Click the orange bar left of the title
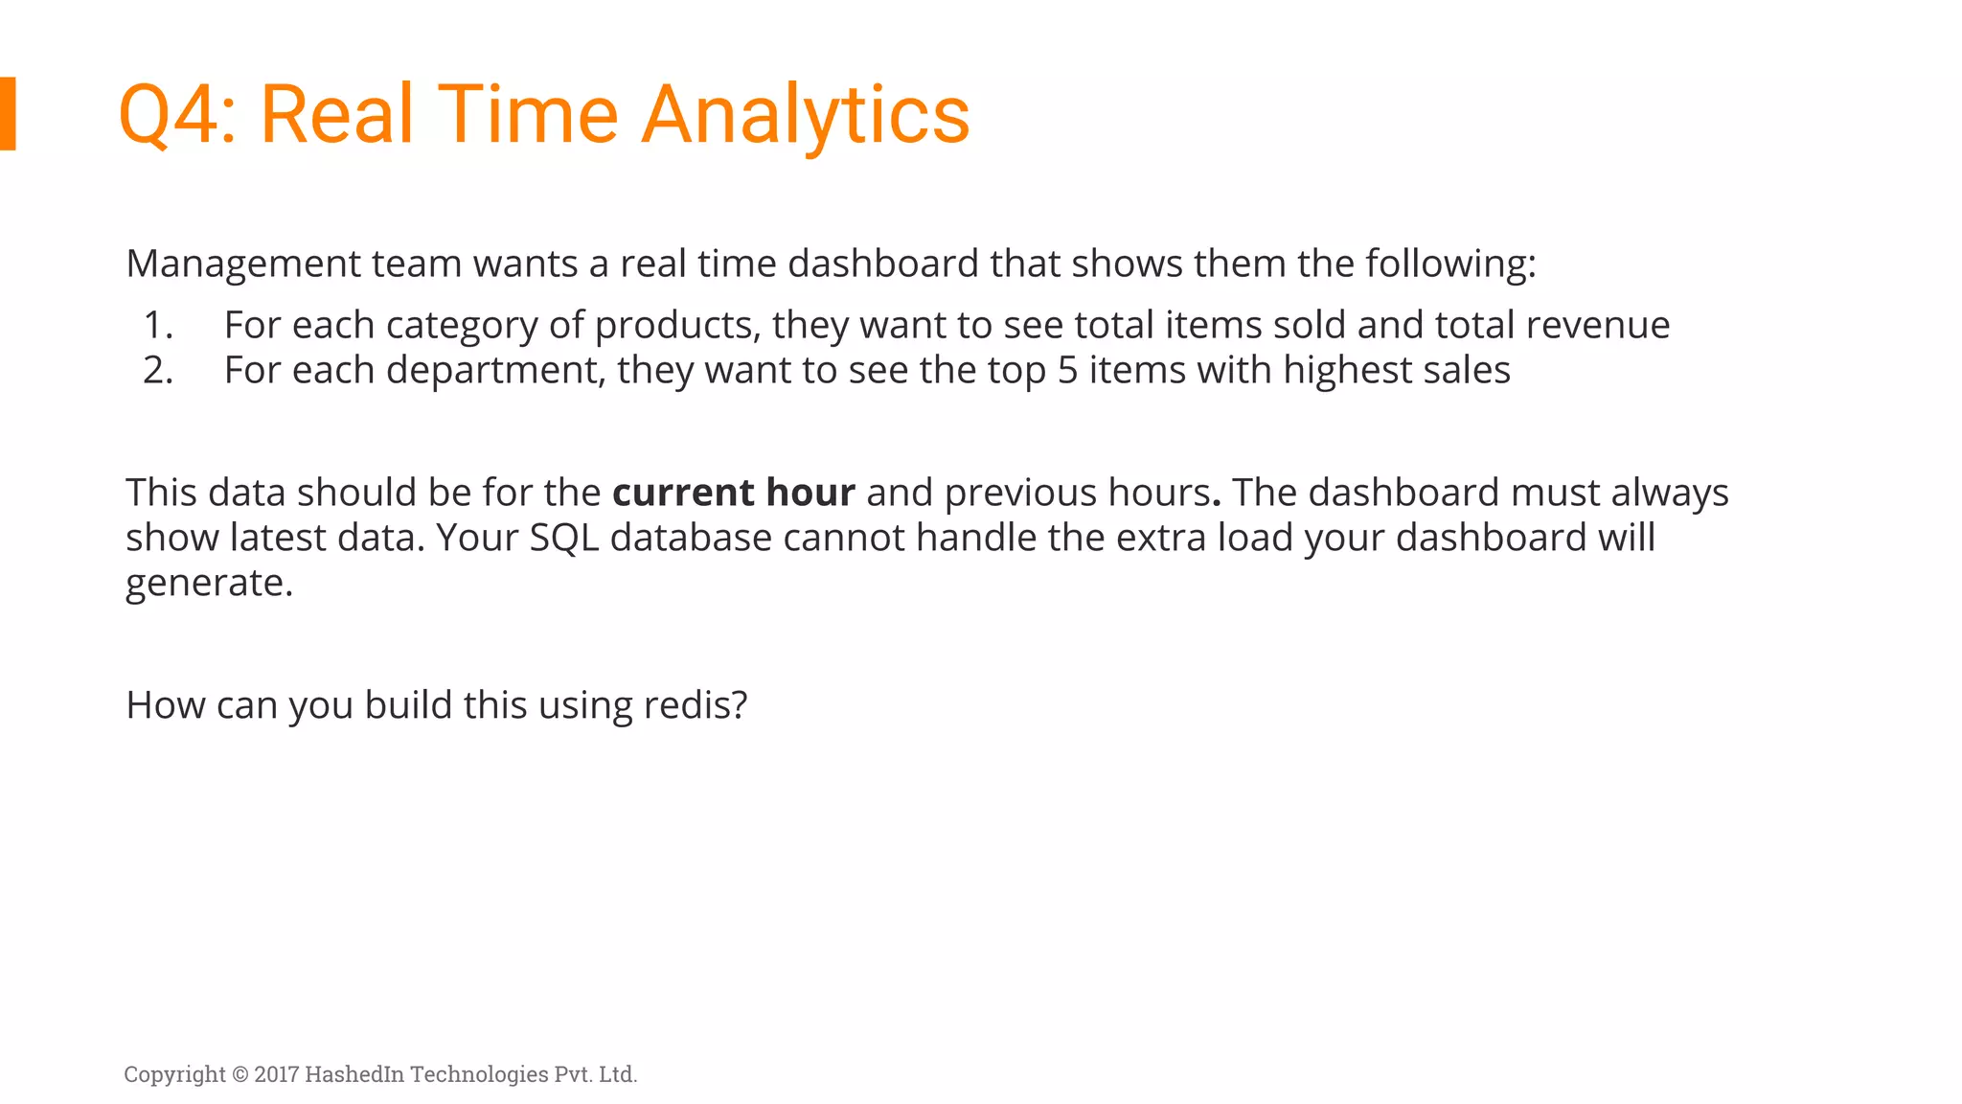tap(8, 113)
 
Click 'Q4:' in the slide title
tap(177, 115)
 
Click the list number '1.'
tap(158, 326)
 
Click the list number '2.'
tap(158, 371)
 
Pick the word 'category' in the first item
tap(462, 326)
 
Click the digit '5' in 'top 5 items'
tap(1067, 371)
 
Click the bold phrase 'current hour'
tap(733, 493)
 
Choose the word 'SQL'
tap(564, 538)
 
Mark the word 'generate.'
tap(209, 583)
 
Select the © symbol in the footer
tap(240, 1074)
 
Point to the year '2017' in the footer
tap(277, 1074)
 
